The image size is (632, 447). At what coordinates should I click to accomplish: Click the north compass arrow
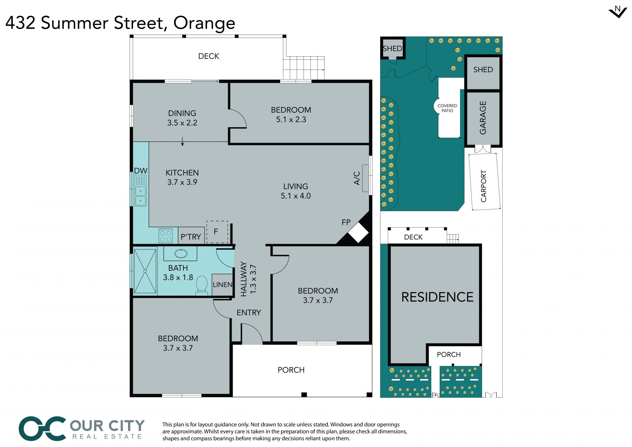click(618, 13)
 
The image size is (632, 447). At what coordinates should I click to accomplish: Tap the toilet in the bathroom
click(201, 284)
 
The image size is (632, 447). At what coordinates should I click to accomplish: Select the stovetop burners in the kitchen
click(165, 236)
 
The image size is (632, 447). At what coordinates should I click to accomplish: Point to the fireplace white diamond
click(358, 232)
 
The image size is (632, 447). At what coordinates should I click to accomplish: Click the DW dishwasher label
click(141, 171)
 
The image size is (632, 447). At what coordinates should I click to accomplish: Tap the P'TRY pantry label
click(191, 237)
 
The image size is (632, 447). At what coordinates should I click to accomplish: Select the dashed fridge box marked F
click(217, 232)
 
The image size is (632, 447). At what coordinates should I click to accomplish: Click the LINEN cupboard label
click(223, 285)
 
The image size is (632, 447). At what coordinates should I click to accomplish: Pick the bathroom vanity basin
click(180, 253)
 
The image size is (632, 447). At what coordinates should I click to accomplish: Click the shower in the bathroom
click(145, 271)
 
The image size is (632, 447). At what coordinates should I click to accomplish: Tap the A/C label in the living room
click(357, 178)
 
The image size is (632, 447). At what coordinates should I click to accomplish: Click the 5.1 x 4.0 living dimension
click(296, 196)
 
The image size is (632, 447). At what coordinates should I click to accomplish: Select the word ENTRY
click(249, 313)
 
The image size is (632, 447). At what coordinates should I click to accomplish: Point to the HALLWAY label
click(244, 279)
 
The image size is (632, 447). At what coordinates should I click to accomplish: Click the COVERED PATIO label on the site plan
click(447, 108)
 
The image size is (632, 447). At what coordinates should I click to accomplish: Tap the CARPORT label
click(484, 186)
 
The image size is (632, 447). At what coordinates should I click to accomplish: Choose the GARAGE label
click(483, 118)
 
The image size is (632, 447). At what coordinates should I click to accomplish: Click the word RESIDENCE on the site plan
click(437, 297)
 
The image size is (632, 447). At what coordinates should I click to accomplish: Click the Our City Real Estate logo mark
click(42, 428)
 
